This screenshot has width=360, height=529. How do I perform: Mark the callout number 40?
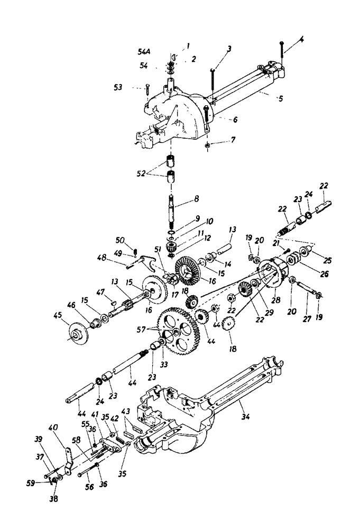pyautogui.click(x=52, y=427)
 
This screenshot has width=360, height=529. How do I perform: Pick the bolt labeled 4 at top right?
pyautogui.click(x=283, y=49)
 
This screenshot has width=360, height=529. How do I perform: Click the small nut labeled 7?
pyautogui.click(x=208, y=144)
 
